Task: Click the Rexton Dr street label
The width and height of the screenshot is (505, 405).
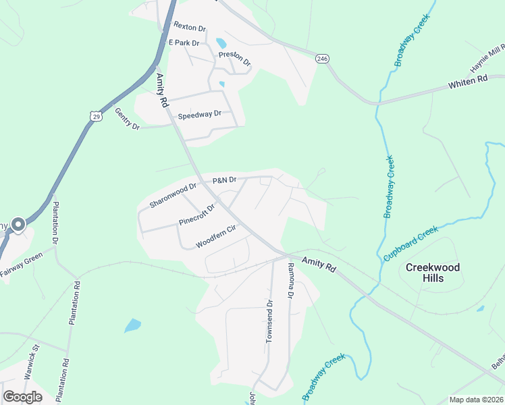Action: [x=189, y=27]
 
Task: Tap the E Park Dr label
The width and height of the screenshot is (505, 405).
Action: [x=184, y=43]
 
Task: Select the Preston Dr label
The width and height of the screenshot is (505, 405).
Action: [x=234, y=59]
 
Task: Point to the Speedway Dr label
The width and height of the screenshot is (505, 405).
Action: [x=199, y=115]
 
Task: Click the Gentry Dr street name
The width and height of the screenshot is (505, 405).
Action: [x=126, y=119]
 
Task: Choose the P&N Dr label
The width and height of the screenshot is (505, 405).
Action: [x=224, y=180]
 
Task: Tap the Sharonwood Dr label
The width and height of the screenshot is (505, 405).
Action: [x=173, y=196]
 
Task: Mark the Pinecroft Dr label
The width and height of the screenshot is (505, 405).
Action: [x=196, y=214]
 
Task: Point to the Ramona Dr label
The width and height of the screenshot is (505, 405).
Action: [x=291, y=281]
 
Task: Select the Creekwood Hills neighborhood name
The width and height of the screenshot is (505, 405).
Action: [x=433, y=273]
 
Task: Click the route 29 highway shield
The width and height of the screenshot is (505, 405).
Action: [x=97, y=116]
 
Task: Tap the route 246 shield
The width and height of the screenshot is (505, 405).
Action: [x=323, y=59]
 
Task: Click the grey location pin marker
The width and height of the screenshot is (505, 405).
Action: [x=18, y=225]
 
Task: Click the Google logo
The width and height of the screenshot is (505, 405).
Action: [x=23, y=397]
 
